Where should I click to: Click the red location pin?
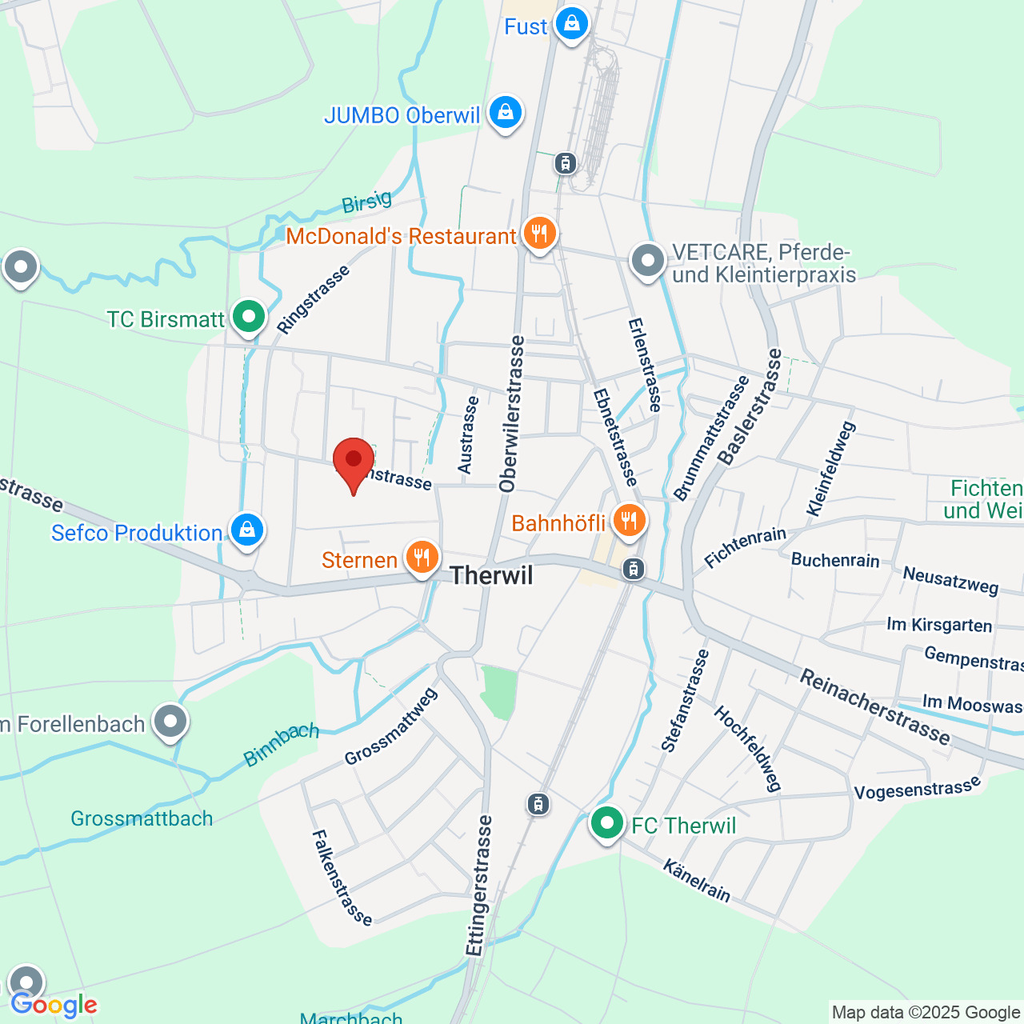353,462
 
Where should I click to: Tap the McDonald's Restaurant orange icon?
540,234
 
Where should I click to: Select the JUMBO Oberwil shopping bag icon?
505,113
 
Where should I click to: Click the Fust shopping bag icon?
572,24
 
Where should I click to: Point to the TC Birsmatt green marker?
249,317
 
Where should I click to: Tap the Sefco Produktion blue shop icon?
247,530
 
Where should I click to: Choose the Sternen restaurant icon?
422,557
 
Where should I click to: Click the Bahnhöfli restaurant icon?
630,521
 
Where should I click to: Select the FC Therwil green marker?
607,822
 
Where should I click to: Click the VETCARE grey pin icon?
648,261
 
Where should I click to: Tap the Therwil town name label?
491,575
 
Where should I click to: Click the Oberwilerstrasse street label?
512,414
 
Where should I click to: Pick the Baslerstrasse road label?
749,406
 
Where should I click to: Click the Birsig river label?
367,202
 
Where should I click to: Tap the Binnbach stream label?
282,744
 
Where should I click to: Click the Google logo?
54,1005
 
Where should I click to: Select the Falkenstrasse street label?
342,877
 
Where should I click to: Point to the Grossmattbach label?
142,818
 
